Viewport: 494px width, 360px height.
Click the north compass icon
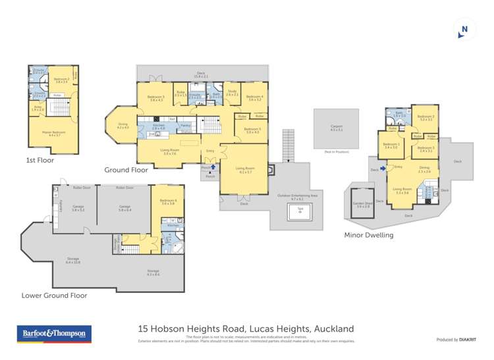(x=465, y=29)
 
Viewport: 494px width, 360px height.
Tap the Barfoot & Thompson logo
(x=54, y=334)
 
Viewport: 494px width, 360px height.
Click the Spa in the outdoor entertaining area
(x=300, y=211)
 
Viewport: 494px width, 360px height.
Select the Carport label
(x=337, y=128)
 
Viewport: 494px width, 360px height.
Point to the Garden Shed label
(x=363, y=203)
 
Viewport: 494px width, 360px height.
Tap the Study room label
(x=232, y=93)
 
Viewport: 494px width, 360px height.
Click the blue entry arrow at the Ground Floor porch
(x=213, y=168)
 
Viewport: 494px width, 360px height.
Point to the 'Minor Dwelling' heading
(x=369, y=234)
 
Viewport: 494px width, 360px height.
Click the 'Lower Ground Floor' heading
(x=54, y=296)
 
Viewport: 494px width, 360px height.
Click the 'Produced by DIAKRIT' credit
(x=457, y=340)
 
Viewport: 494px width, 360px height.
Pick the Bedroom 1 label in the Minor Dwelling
(x=391, y=145)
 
